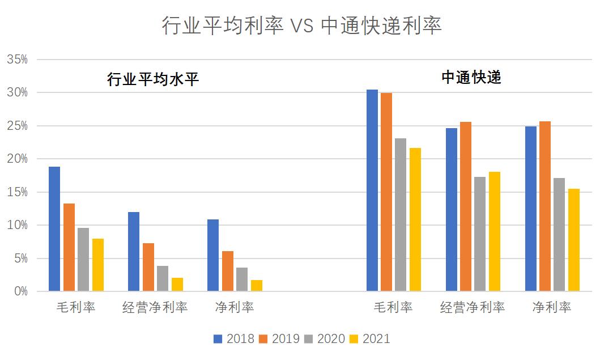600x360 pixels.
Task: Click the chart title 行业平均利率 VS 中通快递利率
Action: tap(301, 26)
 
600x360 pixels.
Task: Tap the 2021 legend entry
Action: tap(370, 339)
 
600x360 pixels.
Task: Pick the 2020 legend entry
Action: tap(325, 339)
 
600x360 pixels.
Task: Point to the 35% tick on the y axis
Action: tap(18, 60)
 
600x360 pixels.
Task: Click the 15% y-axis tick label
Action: tap(18, 192)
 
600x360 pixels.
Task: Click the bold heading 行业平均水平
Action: tap(153, 80)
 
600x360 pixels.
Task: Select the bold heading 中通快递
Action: tap(471, 78)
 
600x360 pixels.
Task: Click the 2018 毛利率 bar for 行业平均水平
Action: tap(54, 229)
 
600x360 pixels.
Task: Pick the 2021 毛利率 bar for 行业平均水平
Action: tap(97, 265)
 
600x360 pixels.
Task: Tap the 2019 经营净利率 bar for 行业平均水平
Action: tap(148, 267)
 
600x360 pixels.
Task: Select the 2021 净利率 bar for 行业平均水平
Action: tap(257, 286)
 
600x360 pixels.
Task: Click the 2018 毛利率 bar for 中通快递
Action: tap(372, 190)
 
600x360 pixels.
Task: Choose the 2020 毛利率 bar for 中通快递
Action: tap(401, 215)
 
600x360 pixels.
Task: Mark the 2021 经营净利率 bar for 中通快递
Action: tap(495, 231)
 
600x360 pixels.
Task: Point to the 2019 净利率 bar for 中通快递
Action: tap(545, 206)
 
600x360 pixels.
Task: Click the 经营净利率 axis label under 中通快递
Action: tap(473, 308)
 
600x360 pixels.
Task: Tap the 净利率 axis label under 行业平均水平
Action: tap(235, 308)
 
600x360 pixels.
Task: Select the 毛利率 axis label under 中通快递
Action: tap(393, 308)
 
